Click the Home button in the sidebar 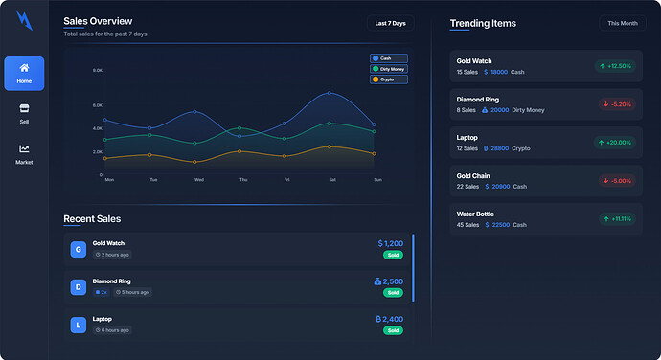(24, 73)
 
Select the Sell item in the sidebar (24, 114)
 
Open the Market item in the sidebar (24, 154)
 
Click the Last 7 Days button (390, 23)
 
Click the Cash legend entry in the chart (389, 58)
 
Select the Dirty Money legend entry (389, 69)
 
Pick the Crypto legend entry (389, 79)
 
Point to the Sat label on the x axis (332, 180)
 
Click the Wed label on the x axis (198, 180)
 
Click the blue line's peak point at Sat (330, 93)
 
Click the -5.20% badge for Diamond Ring (616, 104)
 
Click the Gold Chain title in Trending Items (473, 176)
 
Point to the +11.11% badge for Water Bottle (616, 219)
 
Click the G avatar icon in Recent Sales (78, 249)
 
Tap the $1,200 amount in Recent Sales (391, 244)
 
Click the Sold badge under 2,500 (393, 293)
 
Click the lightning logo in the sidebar (24, 20)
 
